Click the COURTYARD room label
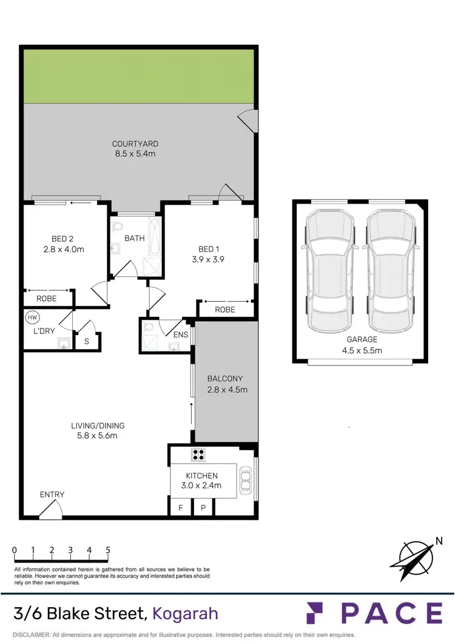(x=135, y=144)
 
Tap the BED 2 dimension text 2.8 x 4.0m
(x=63, y=249)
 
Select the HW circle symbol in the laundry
(x=31, y=316)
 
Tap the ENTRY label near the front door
(x=52, y=495)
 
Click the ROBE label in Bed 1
(x=226, y=310)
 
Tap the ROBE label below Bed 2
(x=46, y=299)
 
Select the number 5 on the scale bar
(x=108, y=550)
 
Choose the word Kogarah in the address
(x=185, y=613)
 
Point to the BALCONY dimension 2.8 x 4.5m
(x=227, y=390)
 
